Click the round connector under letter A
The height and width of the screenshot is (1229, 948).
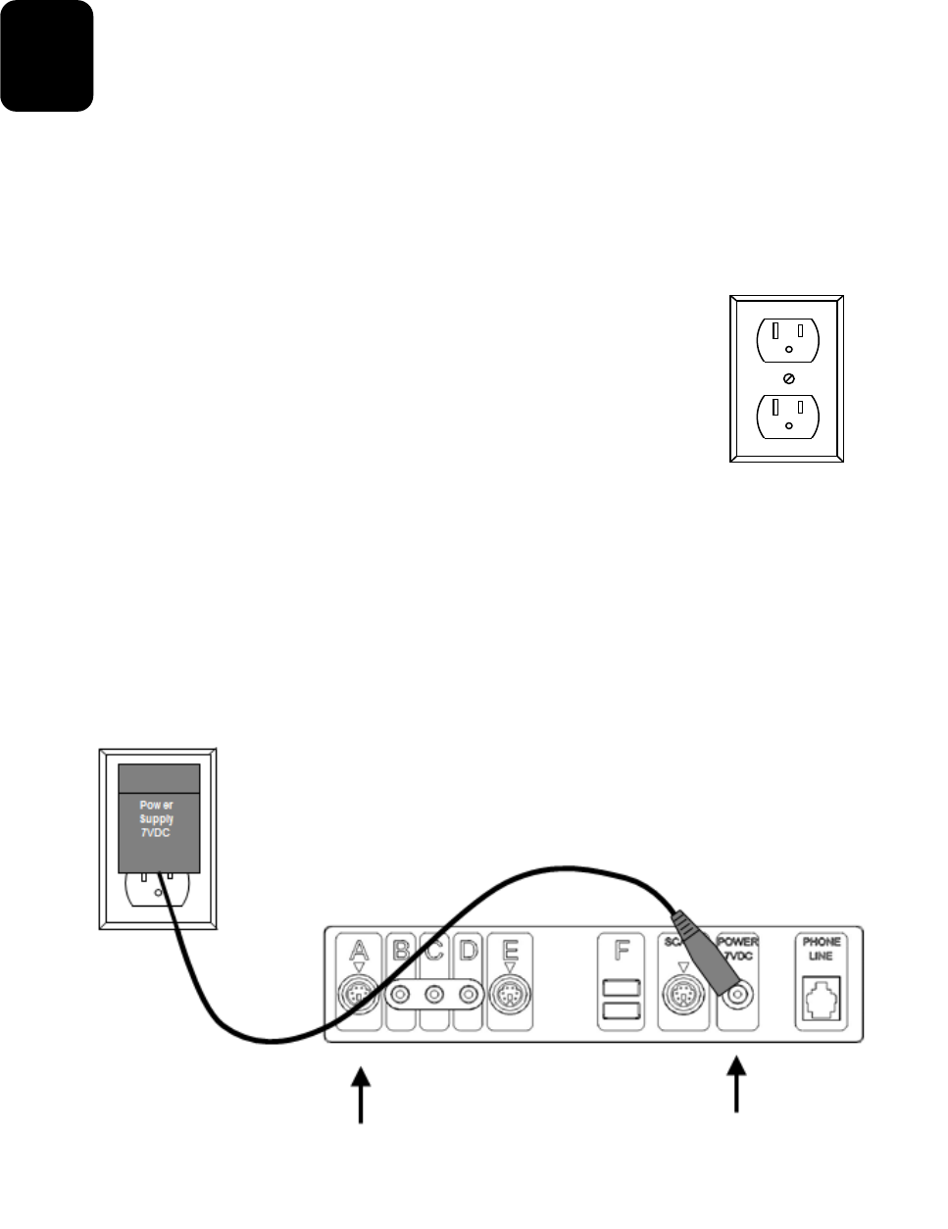[359, 997]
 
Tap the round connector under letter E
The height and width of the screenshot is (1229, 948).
[510, 997]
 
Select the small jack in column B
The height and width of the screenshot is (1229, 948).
[400, 996]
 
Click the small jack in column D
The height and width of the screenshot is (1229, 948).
[469, 996]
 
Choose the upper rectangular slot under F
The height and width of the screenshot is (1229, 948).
[622, 988]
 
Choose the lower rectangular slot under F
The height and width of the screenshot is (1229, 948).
[622, 1010]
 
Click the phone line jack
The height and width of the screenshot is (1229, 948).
[821, 998]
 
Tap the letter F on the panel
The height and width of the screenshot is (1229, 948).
[622, 951]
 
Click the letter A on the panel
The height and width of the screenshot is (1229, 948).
[359, 950]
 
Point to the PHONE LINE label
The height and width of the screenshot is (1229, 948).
[822, 949]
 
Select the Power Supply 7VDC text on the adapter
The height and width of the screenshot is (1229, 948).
[157, 819]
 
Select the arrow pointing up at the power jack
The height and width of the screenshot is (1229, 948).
[736, 1085]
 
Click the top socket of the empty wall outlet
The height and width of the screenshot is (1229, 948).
[788, 339]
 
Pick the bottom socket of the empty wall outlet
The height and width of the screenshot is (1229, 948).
[788, 416]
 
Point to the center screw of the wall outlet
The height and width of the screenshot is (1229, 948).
[788, 378]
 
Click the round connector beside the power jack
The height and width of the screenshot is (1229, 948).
[682, 997]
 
